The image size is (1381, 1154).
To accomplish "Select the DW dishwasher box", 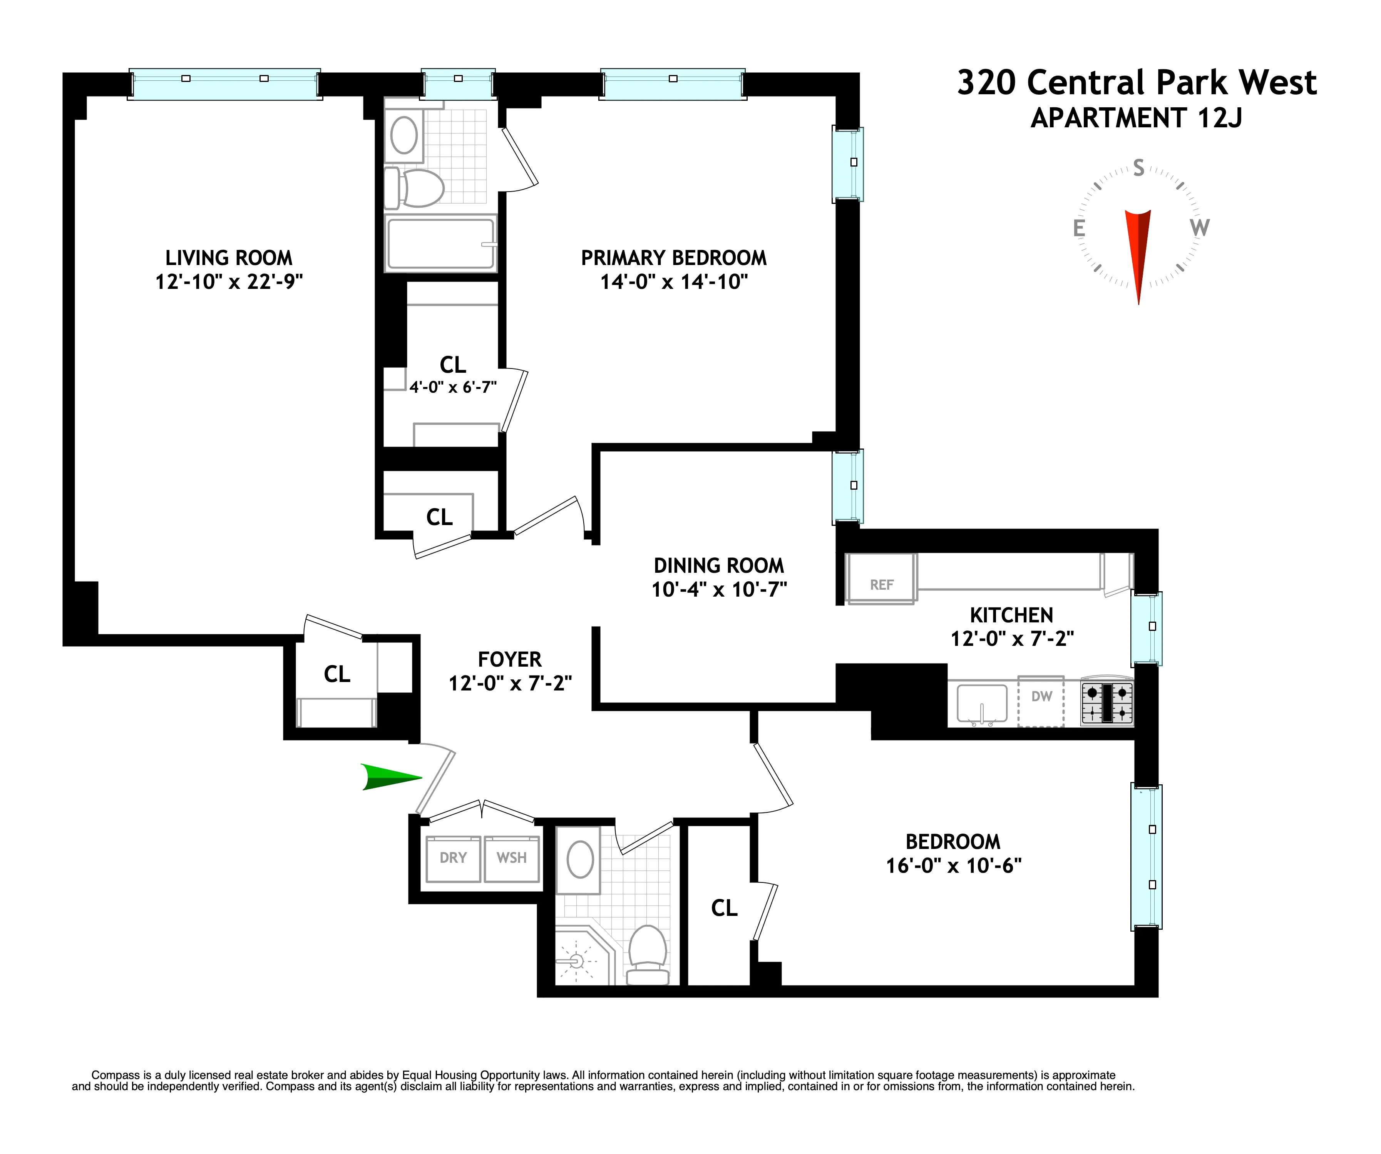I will [x=1041, y=700].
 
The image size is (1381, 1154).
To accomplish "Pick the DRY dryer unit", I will [x=453, y=858].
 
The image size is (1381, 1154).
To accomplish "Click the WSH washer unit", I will [x=512, y=858].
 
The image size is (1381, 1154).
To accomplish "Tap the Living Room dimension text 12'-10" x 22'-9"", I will [x=229, y=282].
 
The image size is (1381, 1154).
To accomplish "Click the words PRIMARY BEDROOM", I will [x=673, y=258].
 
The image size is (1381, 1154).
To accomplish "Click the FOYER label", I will [x=510, y=659].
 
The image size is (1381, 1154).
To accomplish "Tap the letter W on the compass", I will [x=1200, y=228].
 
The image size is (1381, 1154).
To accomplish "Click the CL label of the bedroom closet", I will [x=724, y=908].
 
